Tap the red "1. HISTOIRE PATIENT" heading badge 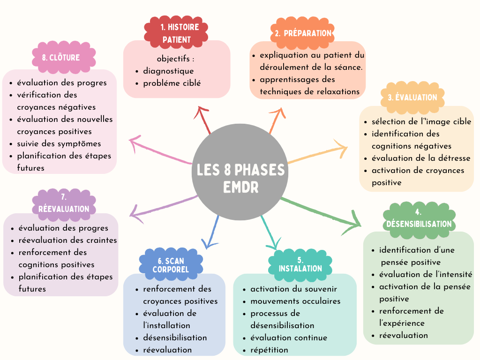176,33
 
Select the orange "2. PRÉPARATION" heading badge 302,33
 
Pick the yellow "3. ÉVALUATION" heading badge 412,97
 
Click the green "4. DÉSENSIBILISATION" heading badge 419,218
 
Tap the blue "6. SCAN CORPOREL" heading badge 171,265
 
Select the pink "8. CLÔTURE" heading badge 64,58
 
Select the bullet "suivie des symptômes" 59,143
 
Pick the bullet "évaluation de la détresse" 421,158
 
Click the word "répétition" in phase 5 269,350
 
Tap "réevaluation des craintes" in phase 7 67,240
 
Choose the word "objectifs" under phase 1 174,59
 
